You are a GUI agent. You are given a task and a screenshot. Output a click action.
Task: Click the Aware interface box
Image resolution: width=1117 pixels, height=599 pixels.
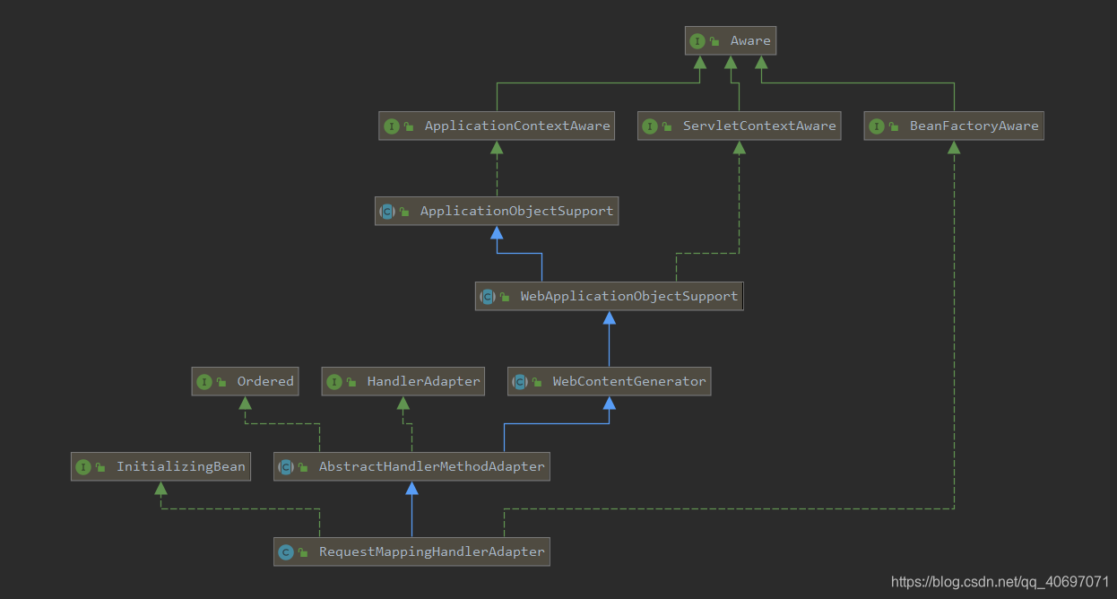click(731, 40)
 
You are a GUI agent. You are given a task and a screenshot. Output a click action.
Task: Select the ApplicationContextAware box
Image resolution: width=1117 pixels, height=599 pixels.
click(498, 126)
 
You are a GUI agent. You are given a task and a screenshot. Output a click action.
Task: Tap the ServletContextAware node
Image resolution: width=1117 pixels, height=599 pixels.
click(740, 126)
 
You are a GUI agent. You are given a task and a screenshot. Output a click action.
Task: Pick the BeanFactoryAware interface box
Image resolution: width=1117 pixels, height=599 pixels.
click(954, 126)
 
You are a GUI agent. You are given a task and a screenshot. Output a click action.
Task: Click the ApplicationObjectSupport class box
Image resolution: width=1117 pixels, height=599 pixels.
click(497, 211)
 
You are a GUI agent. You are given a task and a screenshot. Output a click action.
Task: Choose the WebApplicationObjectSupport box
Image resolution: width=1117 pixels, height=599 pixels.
click(610, 296)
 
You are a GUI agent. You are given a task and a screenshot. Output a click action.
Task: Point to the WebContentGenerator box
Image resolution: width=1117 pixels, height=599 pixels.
click(610, 381)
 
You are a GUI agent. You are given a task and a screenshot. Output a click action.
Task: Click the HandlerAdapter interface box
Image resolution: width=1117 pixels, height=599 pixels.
click(403, 381)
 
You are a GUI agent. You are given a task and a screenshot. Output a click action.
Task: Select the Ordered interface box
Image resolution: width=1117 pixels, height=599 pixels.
click(245, 381)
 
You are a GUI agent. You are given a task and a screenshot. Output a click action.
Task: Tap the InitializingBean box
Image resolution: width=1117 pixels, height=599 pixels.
click(160, 466)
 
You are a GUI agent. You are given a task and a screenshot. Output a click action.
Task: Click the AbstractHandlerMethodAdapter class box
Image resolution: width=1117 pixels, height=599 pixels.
click(411, 466)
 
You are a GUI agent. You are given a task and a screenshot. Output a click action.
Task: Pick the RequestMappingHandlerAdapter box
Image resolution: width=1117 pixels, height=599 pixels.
click(411, 551)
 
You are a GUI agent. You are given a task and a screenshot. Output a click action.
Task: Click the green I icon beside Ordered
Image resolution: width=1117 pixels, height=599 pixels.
click(203, 382)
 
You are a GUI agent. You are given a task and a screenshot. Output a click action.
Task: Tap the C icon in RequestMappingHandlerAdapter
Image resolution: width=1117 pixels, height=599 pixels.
click(286, 552)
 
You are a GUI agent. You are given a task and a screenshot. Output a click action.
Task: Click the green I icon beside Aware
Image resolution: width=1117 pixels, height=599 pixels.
click(697, 41)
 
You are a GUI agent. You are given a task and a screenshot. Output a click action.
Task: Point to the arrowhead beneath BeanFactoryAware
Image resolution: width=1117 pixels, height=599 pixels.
click(954, 147)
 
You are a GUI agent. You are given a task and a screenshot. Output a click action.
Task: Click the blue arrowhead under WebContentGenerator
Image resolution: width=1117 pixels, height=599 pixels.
click(610, 403)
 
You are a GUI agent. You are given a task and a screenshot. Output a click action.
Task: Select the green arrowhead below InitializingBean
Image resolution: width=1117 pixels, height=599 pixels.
click(160, 488)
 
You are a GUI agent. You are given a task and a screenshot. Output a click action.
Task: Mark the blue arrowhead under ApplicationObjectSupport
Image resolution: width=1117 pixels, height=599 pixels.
click(497, 232)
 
